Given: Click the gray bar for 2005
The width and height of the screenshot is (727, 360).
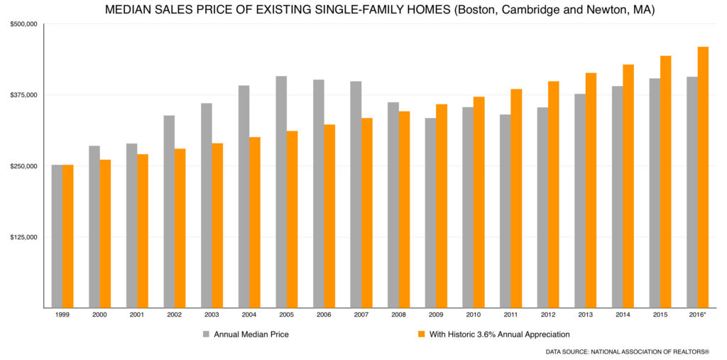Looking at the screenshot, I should coord(281,192).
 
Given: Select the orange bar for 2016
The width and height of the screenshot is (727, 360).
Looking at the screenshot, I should coord(703,177).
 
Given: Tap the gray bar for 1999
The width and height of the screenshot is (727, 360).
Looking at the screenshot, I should coord(57,236).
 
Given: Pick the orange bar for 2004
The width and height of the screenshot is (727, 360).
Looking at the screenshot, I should coord(255,222).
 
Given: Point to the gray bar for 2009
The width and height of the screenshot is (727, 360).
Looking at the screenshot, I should coord(431,212).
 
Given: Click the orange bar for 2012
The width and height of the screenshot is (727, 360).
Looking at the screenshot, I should coord(554,194).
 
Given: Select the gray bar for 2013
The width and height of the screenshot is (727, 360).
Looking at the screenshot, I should coord(580,200).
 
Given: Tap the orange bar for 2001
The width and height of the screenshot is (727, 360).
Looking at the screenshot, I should coord(143,231).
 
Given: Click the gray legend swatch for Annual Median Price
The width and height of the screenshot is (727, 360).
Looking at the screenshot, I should coord(206,334).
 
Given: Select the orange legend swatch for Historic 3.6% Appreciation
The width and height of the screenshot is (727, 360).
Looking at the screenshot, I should coord(422,334).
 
